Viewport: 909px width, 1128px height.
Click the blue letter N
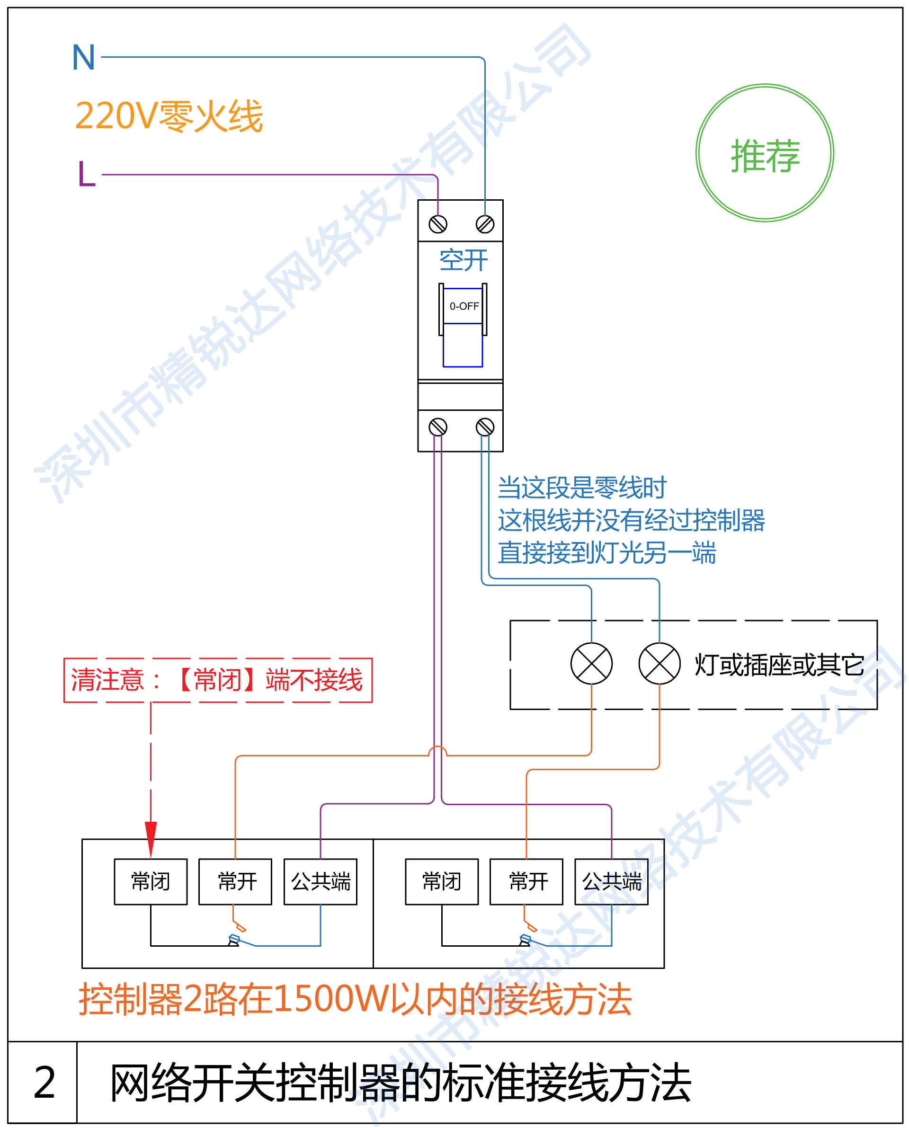84,58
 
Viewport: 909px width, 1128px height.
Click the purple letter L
86,174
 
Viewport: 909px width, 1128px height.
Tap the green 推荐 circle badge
765,153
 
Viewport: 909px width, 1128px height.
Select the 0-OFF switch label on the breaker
464,306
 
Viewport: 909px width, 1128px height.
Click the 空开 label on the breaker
463,260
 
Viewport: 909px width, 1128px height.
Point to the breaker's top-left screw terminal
438,224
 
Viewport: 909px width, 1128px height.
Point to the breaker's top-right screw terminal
485,224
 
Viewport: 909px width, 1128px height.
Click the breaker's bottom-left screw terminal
438,427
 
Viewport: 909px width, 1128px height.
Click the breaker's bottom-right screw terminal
485,427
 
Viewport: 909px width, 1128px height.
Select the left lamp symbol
591,663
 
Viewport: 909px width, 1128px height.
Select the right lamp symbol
659,663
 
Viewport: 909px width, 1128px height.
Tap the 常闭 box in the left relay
151,881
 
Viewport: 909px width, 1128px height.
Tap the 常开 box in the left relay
235,881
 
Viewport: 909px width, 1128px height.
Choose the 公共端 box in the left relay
321,881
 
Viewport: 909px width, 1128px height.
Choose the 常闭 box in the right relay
442,881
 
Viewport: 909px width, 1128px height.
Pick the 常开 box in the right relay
526,881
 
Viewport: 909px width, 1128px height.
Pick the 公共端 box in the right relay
612,881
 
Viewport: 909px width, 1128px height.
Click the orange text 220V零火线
169,116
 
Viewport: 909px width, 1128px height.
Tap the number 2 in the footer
45,1083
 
